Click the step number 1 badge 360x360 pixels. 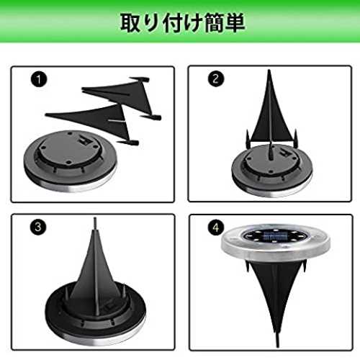pyautogui.click(x=39, y=79)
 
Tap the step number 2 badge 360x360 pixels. pyautogui.click(x=216, y=78)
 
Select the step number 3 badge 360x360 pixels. pyautogui.click(x=38, y=227)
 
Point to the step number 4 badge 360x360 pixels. pyautogui.click(x=216, y=227)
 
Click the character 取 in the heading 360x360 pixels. pyautogui.click(x=131, y=23)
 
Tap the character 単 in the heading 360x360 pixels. pyautogui.click(x=235, y=23)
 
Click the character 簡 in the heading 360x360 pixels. pyautogui.click(x=214, y=23)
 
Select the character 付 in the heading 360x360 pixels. pyautogui.click(x=173, y=23)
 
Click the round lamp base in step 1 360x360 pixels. pyautogui.click(x=70, y=161)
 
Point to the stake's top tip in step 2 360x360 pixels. pyautogui.click(x=269, y=71)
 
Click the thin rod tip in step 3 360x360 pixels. pyautogui.click(x=95, y=219)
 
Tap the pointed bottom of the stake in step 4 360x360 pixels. pyautogui.click(x=278, y=346)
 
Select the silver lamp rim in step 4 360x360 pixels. pyautogui.click(x=275, y=250)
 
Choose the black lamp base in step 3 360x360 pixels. pyautogui.click(x=95, y=315)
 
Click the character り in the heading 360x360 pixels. pyautogui.click(x=152, y=23)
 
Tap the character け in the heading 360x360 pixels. pyautogui.click(x=193, y=23)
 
